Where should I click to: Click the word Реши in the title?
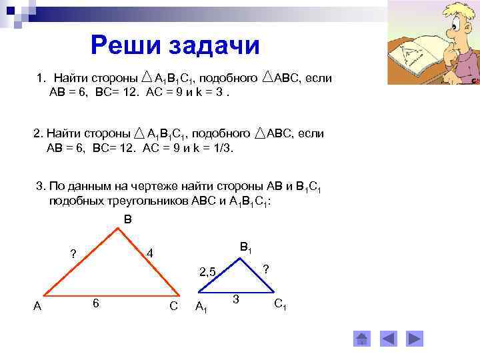(x=125, y=45)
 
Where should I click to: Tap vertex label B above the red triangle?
(x=128, y=219)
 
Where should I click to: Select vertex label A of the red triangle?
(x=38, y=306)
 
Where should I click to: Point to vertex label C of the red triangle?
(x=173, y=306)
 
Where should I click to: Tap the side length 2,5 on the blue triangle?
(x=207, y=271)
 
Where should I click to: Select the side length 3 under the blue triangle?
(x=236, y=297)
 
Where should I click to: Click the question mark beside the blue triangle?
(x=265, y=269)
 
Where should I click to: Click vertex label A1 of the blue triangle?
(x=201, y=307)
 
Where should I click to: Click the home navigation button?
(x=362, y=339)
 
